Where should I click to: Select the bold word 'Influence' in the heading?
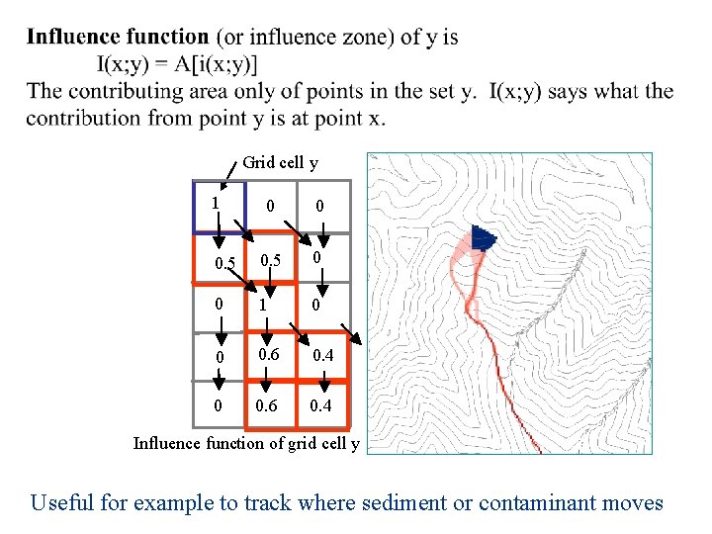[x=71, y=38]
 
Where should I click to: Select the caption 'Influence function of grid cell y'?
[x=247, y=442]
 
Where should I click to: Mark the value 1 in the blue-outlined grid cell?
[x=215, y=203]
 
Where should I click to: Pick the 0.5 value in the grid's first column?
[x=226, y=263]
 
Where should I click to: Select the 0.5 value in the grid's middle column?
[x=271, y=259]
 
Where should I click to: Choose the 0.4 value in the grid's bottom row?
[x=321, y=405]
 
